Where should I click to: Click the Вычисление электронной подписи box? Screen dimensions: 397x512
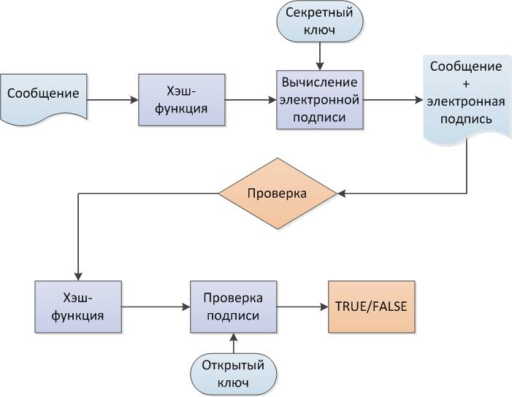318,99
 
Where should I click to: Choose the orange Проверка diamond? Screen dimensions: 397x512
278,193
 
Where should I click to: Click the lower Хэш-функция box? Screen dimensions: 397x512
78,308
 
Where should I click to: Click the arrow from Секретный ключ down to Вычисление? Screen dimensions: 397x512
318,55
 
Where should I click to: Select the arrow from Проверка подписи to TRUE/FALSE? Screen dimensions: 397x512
301,307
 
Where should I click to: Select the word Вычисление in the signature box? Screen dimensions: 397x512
318,82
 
